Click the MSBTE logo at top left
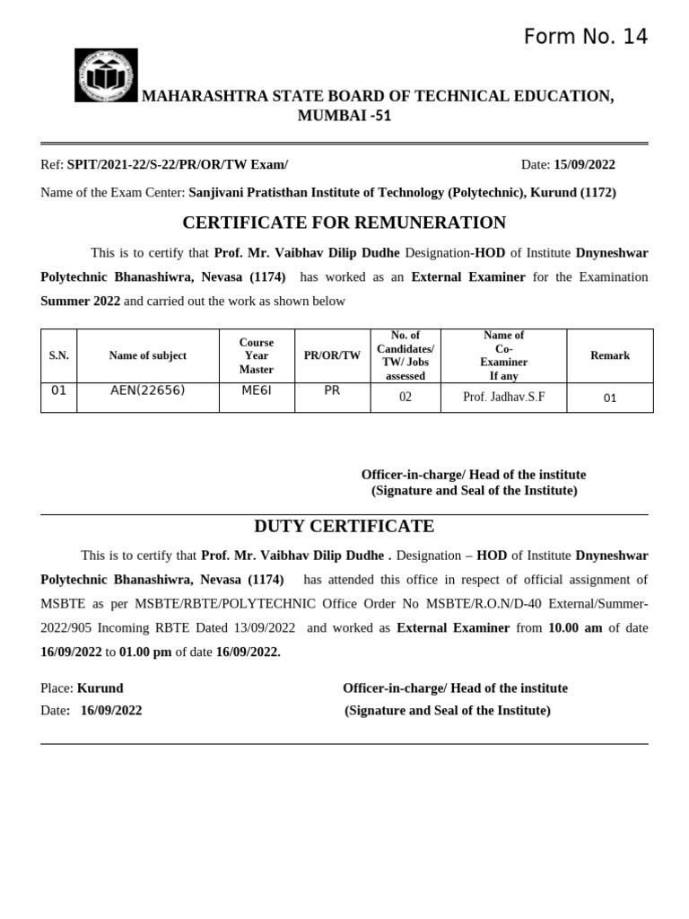coord(106,75)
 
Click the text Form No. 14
coord(585,37)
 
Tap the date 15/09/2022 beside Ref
coord(584,165)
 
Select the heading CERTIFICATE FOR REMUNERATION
coord(344,223)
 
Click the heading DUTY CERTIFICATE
coord(344,527)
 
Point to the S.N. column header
coord(58,355)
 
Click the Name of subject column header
coord(148,355)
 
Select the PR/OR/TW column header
coord(332,355)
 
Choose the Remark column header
coord(610,355)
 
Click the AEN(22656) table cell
coord(148,390)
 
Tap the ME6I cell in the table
coord(257,390)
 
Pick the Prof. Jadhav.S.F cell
coord(503,397)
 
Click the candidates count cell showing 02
coord(406,397)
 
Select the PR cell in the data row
coord(332,390)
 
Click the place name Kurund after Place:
coord(100,688)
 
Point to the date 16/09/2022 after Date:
coord(111,711)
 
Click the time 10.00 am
coord(575,628)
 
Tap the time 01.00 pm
coord(145,652)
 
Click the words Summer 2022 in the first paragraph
coord(80,302)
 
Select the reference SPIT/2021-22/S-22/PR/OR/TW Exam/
coord(178,165)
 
